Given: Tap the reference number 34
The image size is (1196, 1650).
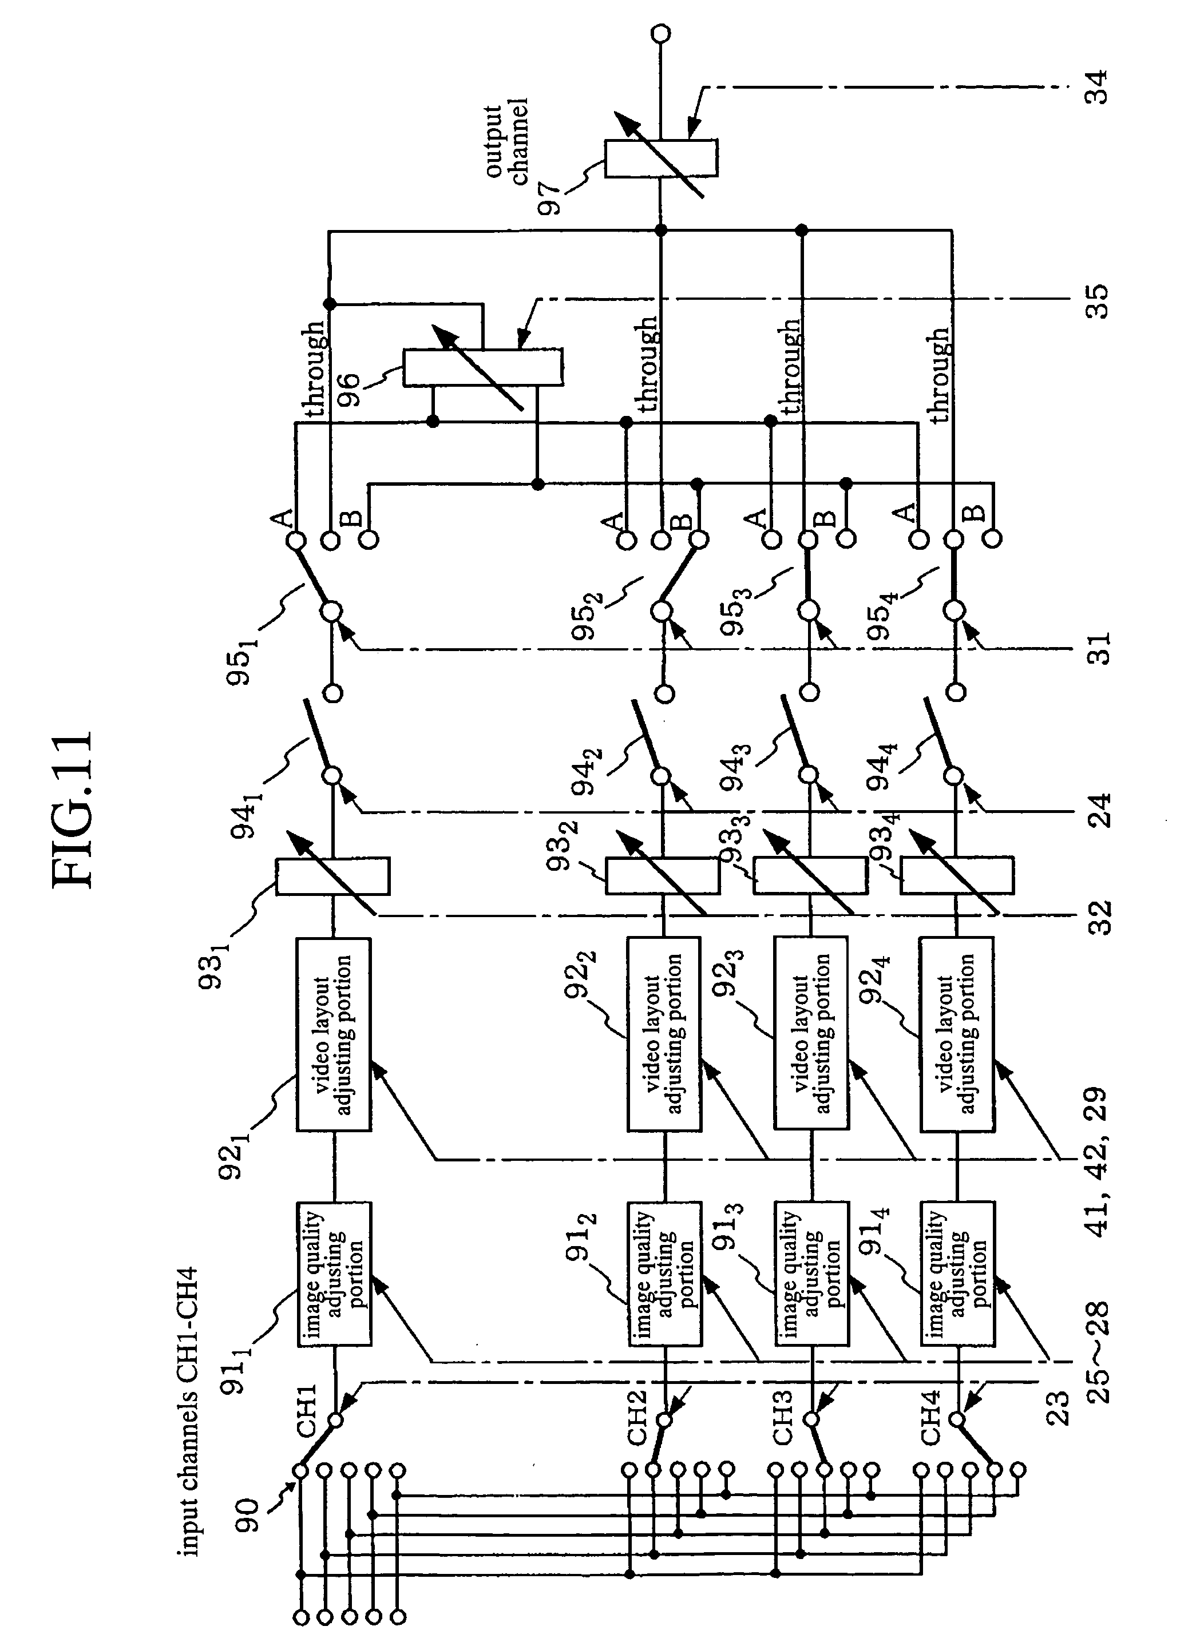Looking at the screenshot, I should pyautogui.click(x=1096, y=88).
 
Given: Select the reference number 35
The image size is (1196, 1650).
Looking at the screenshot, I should pyautogui.click(x=1096, y=300).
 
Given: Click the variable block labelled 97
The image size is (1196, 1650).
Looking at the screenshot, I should pyautogui.click(x=660, y=158).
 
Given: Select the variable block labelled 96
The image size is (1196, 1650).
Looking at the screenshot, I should pyautogui.click(x=483, y=367).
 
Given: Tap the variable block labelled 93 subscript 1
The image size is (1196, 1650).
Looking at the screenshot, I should pyautogui.click(x=332, y=876).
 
